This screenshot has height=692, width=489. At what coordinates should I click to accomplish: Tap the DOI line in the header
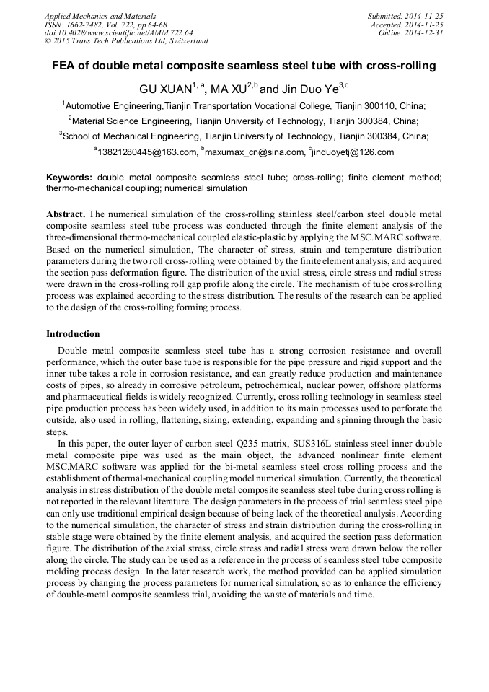118,32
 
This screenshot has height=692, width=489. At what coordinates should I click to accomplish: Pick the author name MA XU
227,89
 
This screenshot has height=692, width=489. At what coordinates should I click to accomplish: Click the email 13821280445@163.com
146,152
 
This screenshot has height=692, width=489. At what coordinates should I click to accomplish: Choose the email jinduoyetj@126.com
353,152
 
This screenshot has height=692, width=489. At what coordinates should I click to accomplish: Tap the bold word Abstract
66,214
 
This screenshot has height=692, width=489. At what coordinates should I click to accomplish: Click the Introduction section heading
73,334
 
